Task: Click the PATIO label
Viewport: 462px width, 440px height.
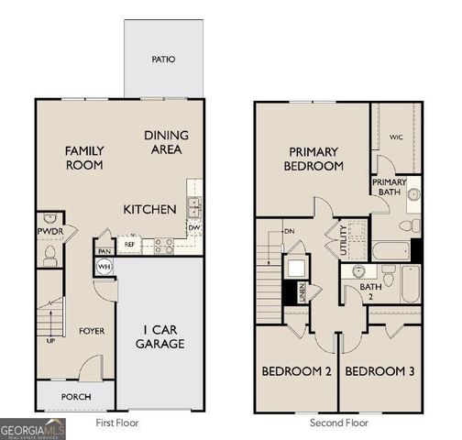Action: tap(163, 60)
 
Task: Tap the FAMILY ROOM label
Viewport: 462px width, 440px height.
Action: tap(83, 158)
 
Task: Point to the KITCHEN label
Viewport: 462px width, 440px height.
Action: tap(149, 210)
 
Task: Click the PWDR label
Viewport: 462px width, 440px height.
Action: tap(49, 233)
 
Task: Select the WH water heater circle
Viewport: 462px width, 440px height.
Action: tap(104, 267)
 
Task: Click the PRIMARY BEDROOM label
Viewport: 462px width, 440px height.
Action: tap(315, 159)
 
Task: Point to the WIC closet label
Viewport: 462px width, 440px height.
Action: tap(396, 137)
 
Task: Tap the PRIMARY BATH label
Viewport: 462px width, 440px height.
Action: tap(389, 187)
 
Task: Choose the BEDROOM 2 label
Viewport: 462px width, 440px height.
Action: tap(296, 371)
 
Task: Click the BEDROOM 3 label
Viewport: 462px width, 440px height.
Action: tap(379, 371)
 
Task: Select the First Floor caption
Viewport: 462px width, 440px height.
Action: tap(118, 423)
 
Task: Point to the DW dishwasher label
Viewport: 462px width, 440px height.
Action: tap(194, 226)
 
